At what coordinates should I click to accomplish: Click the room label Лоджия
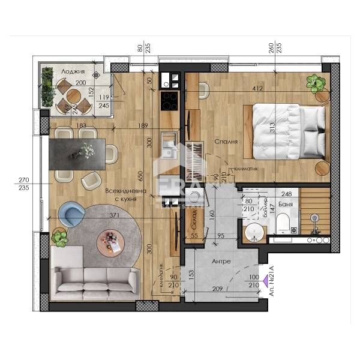click(73, 71)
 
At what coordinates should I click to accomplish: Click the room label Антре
click(221, 262)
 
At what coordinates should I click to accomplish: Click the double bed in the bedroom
click(286, 131)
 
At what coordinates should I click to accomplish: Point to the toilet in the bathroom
click(283, 224)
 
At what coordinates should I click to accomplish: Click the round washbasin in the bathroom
click(254, 229)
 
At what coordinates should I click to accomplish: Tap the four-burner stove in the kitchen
click(169, 98)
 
